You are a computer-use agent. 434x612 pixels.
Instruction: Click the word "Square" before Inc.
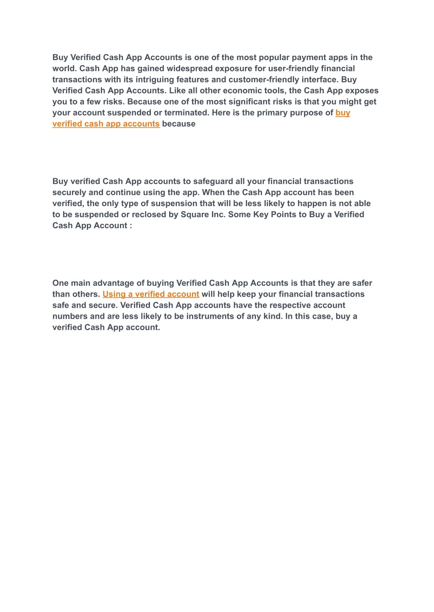[x=195, y=215]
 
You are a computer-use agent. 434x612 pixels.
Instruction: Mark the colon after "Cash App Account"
[x=131, y=226]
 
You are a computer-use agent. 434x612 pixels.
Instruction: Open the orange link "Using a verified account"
[x=151, y=294]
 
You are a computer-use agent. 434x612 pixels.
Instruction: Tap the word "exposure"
[x=234, y=69]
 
